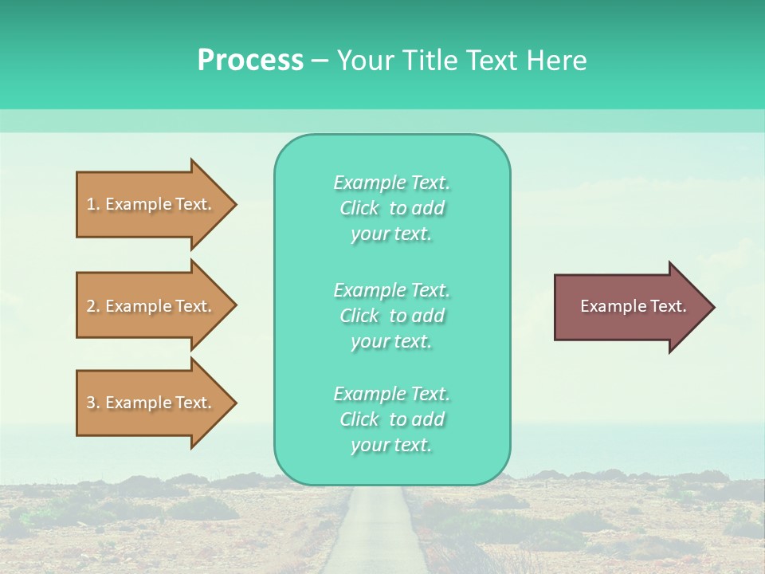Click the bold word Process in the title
[x=250, y=61]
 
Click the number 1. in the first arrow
[x=93, y=204]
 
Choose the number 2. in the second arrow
[x=93, y=306]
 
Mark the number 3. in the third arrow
[x=93, y=403]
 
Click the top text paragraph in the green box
[x=391, y=208]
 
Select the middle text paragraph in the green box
[x=391, y=316]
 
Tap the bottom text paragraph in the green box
[x=391, y=419]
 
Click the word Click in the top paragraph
[x=359, y=209]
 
